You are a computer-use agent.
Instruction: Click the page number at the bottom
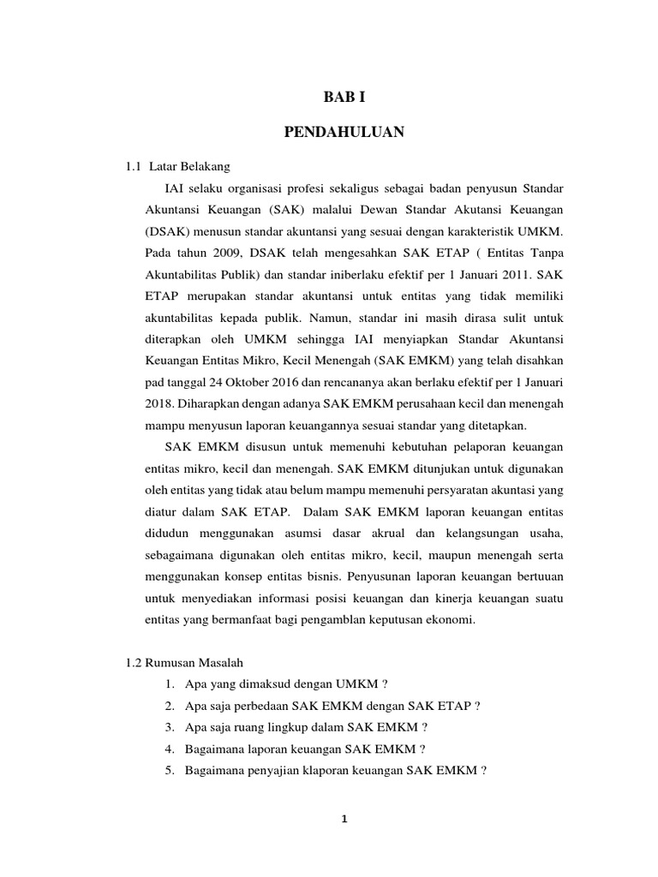344,819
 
